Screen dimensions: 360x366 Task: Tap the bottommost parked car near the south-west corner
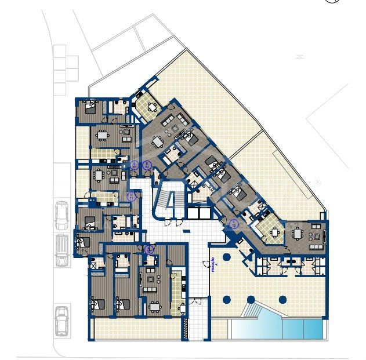(62, 320)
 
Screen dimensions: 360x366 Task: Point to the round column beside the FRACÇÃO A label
(227, 257)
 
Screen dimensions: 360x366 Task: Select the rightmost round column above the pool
(282, 300)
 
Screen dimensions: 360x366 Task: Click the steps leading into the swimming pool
(251, 311)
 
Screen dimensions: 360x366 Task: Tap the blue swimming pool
(278, 329)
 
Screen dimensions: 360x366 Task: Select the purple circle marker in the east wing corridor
(234, 224)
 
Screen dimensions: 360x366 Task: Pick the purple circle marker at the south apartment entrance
(150, 250)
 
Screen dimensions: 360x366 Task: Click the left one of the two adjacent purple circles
(135, 166)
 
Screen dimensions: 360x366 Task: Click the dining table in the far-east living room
(298, 234)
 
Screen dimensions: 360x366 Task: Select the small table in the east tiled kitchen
(273, 233)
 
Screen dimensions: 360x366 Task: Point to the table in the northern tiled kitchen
(153, 107)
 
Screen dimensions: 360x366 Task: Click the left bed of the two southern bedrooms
(97, 303)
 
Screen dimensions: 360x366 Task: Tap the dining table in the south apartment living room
(154, 306)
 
